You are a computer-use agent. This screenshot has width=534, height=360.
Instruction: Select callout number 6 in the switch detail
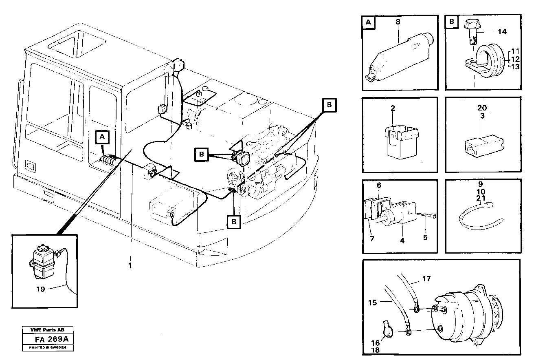click(379, 185)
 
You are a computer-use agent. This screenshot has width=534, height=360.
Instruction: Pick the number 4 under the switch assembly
click(402, 241)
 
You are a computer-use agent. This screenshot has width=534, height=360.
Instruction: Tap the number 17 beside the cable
click(426, 279)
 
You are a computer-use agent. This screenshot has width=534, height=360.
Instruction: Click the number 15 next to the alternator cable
click(373, 302)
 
